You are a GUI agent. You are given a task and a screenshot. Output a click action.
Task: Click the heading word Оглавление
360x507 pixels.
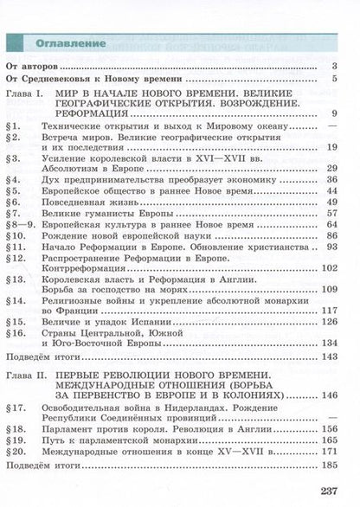[x=71, y=43]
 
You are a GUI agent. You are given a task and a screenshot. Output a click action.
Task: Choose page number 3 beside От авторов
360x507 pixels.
[x=333, y=66]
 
